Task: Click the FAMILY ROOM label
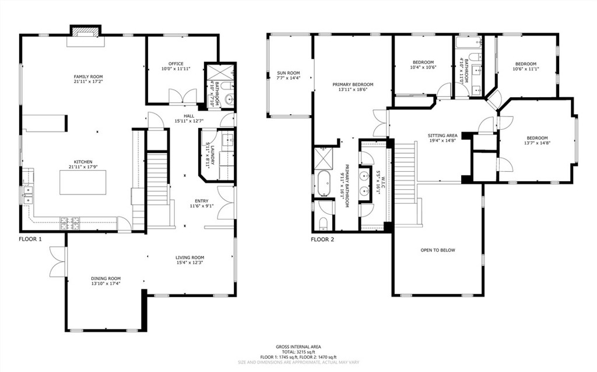pos(88,77)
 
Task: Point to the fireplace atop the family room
pos(86,31)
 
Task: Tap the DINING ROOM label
pos(106,278)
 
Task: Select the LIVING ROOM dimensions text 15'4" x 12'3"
pos(190,263)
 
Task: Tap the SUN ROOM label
pos(288,73)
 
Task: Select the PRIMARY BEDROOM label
pos(353,84)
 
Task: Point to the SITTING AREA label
pos(443,135)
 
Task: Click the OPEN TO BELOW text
pos(437,250)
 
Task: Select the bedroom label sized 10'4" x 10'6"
pos(423,62)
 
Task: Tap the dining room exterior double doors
pos(58,261)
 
